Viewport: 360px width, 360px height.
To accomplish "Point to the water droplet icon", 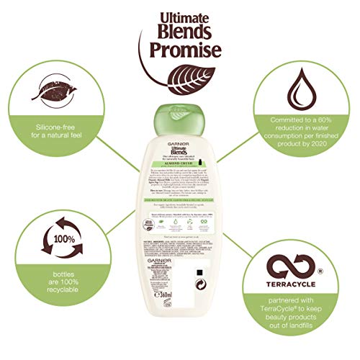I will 306,88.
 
